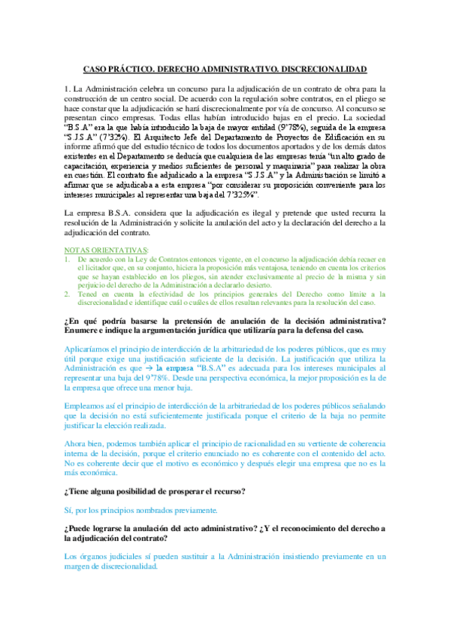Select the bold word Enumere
(x=86, y=330)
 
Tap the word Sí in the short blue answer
(x=69, y=511)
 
